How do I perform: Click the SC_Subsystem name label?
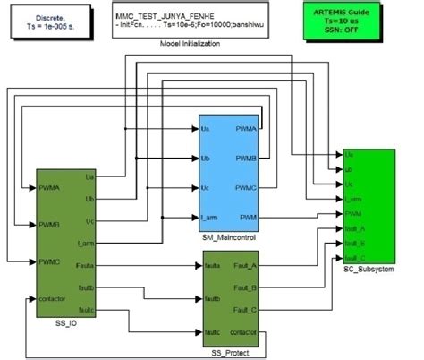pyautogui.click(x=369, y=270)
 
